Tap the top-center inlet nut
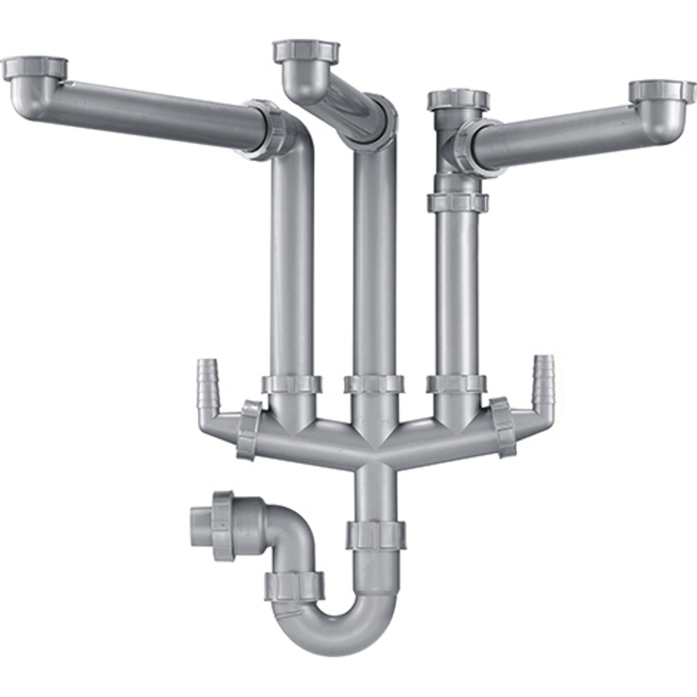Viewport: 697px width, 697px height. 307,52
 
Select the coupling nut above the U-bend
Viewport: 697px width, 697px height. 376,534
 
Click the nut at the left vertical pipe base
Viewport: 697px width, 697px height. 292,384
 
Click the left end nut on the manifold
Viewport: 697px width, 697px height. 249,430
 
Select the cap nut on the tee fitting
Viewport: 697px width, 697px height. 458,101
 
